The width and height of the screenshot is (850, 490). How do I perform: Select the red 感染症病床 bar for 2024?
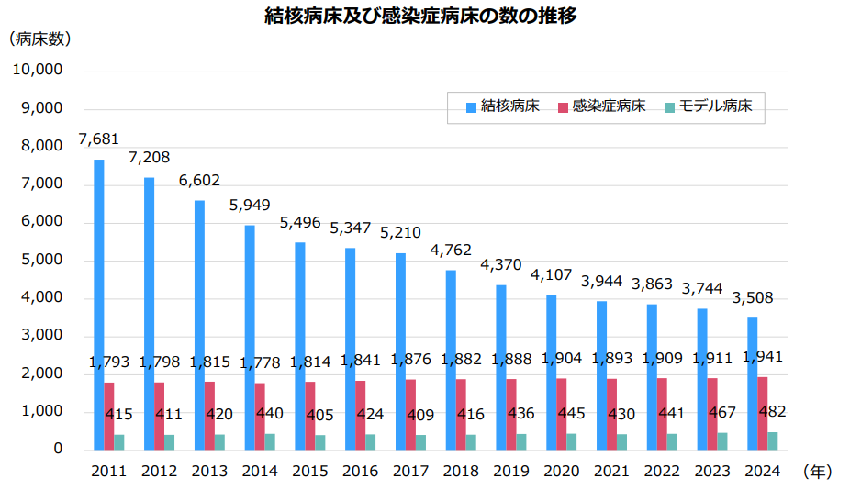pyautogui.click(x=763, y=413)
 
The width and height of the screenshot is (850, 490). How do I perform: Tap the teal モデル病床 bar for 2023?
pyautogui.click(x=722, y=441)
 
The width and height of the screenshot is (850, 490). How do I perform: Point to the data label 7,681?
pyautogui.click(x=98, y=139)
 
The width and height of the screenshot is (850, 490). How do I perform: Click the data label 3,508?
pyautogui.click(x=752, y=297)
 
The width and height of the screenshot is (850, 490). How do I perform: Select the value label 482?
pyautogui.click(x=772, y=410)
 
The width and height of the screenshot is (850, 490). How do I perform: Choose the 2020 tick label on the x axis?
pyautogui.click(x=561, y=472)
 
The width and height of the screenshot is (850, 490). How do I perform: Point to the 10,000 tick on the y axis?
pyautogui.click(x=38, y=70)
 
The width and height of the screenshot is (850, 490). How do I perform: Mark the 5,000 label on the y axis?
pyautogui.click(x=42, y=260)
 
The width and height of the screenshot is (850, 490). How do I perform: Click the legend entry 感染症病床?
pyautogui.click(x=609, y=106)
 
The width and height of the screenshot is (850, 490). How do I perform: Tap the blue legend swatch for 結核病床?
pyautogui.click(x=471, y=107)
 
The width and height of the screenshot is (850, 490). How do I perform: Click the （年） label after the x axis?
pyautogui.click(x=817, y=472)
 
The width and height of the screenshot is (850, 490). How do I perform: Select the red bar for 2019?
pyautogui.click(x=511, y=414)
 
